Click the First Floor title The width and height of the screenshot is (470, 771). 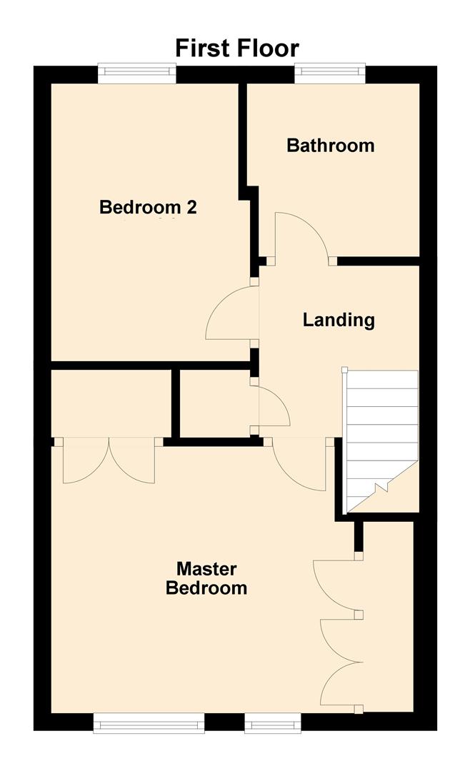[237, 48]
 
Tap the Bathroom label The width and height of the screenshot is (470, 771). [330, 146]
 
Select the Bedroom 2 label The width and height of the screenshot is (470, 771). [148, 208]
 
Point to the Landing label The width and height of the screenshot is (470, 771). [339, 320]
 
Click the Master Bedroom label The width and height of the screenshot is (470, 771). [206, 578]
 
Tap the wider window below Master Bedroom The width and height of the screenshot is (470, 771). [149, 724]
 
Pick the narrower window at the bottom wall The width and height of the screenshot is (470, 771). [273, 724]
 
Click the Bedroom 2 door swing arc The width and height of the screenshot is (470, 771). [230, 314]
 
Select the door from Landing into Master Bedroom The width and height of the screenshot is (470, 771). [299, 468]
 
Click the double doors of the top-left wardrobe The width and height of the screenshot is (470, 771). [109, 460]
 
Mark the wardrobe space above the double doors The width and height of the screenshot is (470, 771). [111, 403]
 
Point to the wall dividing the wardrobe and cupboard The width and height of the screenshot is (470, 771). [175, 403]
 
